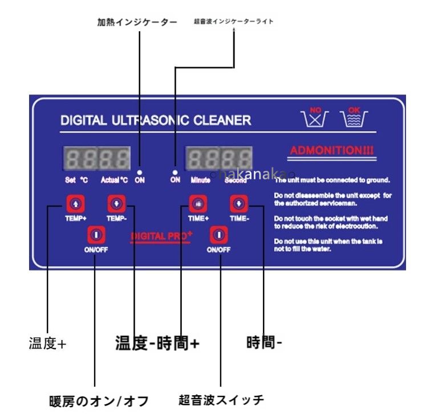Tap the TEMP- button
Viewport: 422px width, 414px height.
[x=116, y=203]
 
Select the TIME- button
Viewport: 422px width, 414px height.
[x=239, y=203]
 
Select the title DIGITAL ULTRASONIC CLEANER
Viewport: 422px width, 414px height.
[x=155, y=120]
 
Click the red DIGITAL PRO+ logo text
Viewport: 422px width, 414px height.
[x=161, y=235]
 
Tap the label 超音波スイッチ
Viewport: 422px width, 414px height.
[x=221, y=399]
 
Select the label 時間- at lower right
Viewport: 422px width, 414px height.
[x=264, y=343]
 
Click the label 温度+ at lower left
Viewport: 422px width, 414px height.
[x=48, y=344]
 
